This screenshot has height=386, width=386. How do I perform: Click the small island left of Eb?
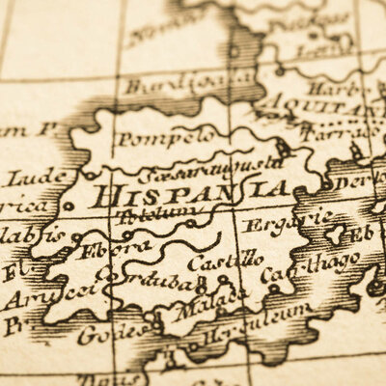tap(336, 234)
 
